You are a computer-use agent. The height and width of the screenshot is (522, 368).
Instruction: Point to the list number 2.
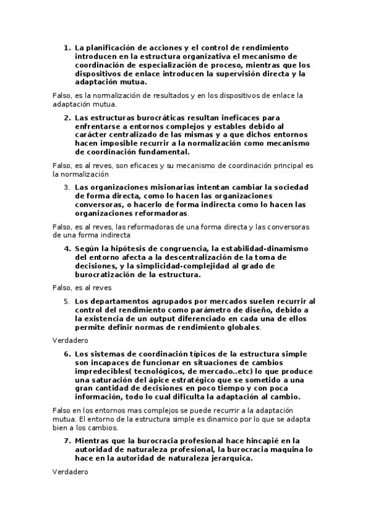(67, 117)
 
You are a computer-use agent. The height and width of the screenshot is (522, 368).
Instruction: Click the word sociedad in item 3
(291, 187)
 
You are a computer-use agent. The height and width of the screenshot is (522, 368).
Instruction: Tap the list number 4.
(67, 248)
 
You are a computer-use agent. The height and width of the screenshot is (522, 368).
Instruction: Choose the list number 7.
(67, 441)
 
